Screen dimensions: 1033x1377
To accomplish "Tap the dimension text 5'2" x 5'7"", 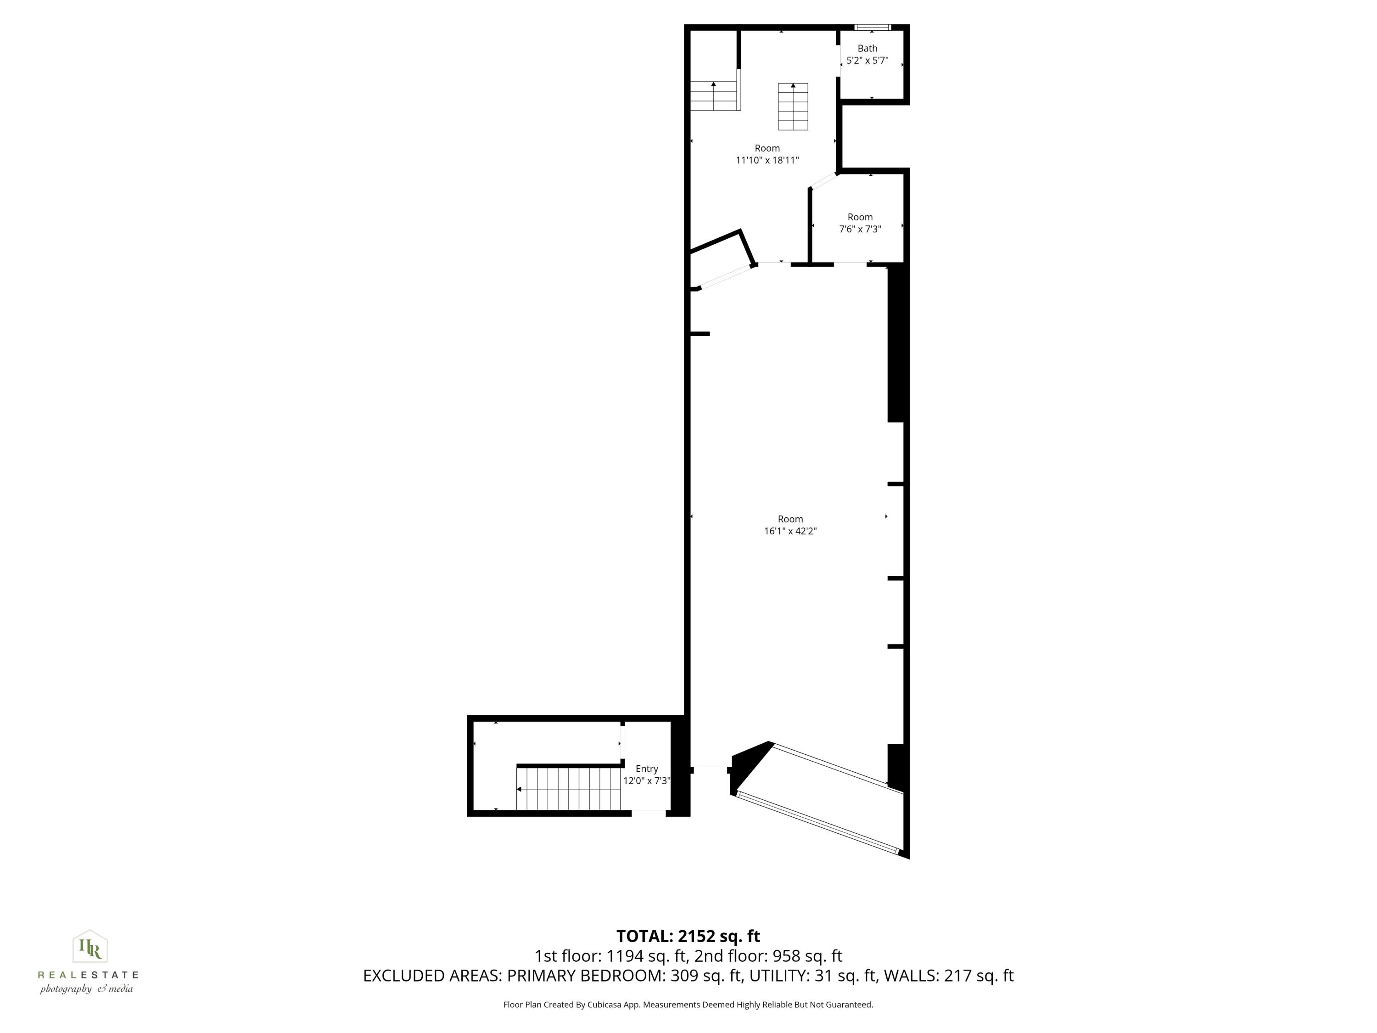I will tap(867, 61).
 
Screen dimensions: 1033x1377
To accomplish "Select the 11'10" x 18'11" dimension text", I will tap(767, 160).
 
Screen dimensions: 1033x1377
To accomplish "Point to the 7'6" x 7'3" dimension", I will tap(860, 229).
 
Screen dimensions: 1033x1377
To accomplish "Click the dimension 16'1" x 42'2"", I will tap(790, 531).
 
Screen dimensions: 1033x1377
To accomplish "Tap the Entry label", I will tap(647, 769).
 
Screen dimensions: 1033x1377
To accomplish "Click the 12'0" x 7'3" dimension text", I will tap(647, 781).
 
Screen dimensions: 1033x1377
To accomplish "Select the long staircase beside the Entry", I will tap(568, 788).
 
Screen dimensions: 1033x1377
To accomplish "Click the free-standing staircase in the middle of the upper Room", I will tap(793, 107).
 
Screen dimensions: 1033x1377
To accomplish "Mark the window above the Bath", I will tap(872, 28).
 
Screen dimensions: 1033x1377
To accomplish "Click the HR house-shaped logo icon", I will tap(90, 947).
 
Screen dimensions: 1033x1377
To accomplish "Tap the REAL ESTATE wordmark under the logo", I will tap(88, 975).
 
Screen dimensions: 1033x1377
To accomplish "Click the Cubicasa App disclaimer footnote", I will tap(688, 1005).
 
